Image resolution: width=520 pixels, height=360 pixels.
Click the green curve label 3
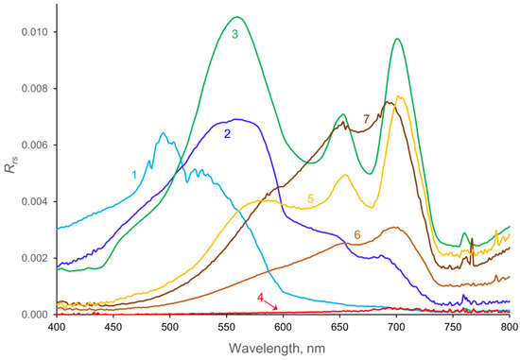pos(234,34)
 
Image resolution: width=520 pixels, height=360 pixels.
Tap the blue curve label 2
pos(228,134)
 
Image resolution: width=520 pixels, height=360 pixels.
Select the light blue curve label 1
pos(135,175)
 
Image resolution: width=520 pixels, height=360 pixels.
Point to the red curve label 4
pos(260,298)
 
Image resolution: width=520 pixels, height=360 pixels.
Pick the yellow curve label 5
pos(310,199)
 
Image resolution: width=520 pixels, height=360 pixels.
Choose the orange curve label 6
pos(357,234)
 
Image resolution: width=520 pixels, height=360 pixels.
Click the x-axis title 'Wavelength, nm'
pos(283,350)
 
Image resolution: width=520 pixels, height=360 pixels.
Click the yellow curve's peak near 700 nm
pos(400,96)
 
